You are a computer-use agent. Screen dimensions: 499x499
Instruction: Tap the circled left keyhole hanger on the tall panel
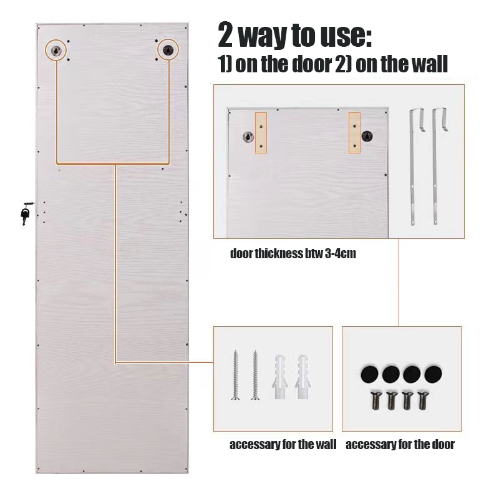tap(56, 50)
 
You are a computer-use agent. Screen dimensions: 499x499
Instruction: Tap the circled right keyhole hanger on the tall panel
tap(168, 50)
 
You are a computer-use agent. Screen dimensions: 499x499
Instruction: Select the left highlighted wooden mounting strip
tap(261, 133)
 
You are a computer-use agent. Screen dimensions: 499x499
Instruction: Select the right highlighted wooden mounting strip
tap(354, 133)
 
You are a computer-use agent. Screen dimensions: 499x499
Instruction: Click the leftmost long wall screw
tap(236, 375)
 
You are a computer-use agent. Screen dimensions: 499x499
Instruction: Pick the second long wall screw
tap(255, 375)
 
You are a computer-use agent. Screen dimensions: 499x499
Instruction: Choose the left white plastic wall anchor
tap(279, 377)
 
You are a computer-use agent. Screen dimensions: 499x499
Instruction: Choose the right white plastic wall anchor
tap(302, 377)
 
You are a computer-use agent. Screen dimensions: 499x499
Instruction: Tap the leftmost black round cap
tap(369, 374)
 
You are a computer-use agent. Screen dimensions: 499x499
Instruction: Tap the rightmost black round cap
tap(433, 374)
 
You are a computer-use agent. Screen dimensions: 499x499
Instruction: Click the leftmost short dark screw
tap(376, 400)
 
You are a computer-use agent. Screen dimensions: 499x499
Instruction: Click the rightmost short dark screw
tap(424, 400)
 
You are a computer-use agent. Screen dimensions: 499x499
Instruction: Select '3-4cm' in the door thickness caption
tap(341, 254)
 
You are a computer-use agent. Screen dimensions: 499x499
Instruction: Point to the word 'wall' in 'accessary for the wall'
tap(324, 444)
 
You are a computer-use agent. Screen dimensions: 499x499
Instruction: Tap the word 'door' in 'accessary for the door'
tap(443, 444)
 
